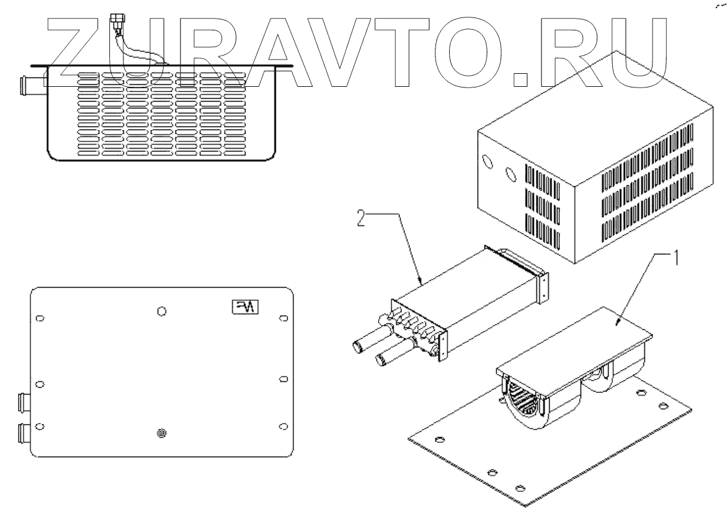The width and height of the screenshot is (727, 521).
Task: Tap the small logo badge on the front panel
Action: coord(246,306)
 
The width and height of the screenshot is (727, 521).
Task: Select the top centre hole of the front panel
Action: coord(161,311)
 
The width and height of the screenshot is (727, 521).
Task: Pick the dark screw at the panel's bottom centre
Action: coord(161,434)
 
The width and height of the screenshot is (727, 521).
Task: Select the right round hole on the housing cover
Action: coord(510,174)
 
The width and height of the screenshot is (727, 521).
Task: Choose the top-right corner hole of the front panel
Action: coord(283,318)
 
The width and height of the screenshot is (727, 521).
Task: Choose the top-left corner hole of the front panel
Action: coord(40,318)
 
